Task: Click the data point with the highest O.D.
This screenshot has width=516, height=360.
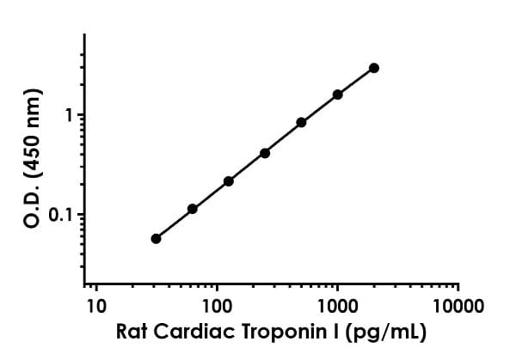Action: (x=374, y=68)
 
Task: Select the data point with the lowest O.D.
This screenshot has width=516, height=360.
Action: (x=156, y=238)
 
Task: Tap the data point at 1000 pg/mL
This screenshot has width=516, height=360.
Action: (x=338, y=95)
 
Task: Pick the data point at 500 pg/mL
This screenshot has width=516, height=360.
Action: (x=301, y=122)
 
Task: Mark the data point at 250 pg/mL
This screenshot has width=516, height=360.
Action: (x=265, y=153)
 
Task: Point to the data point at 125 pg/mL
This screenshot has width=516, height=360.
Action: (x=229, y=181)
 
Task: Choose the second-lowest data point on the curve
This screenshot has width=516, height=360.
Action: (x=193, y=209)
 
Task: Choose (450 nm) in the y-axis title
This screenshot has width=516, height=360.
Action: (x=35, y=131)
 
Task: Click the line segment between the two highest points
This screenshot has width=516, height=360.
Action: (x=356, y=82)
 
